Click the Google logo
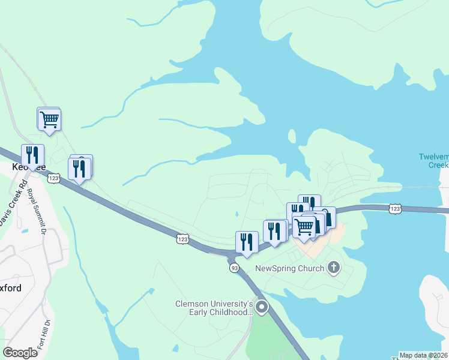20,353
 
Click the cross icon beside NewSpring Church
334,268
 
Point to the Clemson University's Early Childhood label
213,308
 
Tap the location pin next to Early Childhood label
262,308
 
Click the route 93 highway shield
234,268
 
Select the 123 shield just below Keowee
54,178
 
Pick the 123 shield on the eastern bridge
394,208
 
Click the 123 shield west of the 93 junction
182,239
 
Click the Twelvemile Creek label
433,161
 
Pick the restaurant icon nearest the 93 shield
247,242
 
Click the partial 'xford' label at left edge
11,288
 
